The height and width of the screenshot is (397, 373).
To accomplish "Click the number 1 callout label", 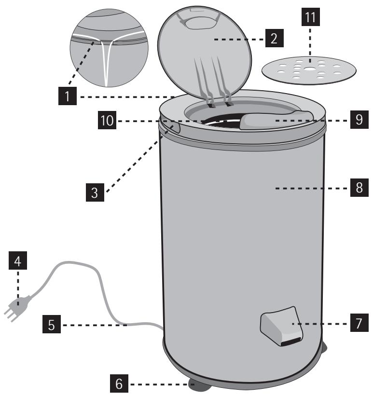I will (x=68, y=96).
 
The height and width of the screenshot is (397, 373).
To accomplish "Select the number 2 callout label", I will (x=273, y=39).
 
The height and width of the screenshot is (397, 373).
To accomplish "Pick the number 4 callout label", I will (x=18, y=262).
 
